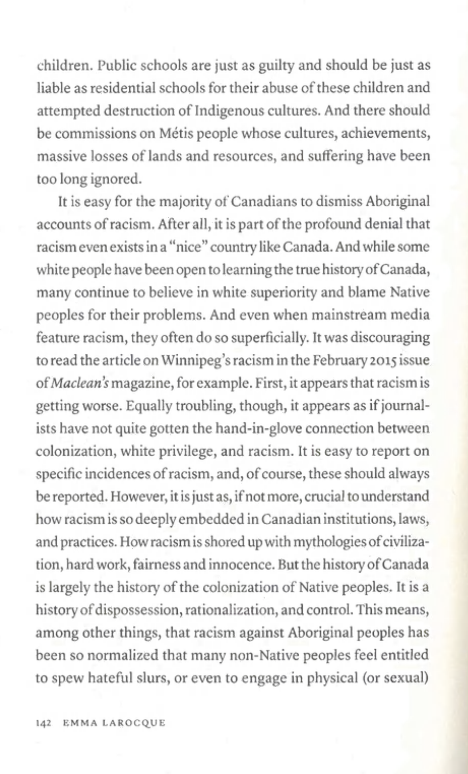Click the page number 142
pos(44,723)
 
